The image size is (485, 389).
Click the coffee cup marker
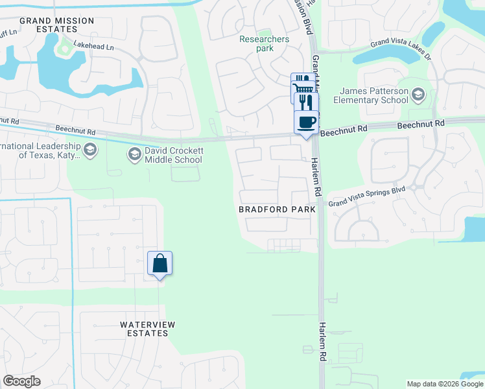point(306,121)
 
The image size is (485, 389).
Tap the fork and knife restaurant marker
point(306,102)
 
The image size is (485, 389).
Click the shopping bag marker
point(160,264)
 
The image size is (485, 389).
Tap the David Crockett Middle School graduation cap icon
point(135,154)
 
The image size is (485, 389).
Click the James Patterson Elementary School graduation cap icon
point(418,96)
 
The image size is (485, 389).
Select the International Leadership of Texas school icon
point(89,150)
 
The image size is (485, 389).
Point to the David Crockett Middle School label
point(174,155)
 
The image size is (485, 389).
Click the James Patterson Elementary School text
point(370,96)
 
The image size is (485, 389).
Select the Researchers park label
point(264,43)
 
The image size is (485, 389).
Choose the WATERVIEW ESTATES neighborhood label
point(144,328)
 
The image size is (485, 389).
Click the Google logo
point(21,381)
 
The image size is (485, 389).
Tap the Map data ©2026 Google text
point(444,384)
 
